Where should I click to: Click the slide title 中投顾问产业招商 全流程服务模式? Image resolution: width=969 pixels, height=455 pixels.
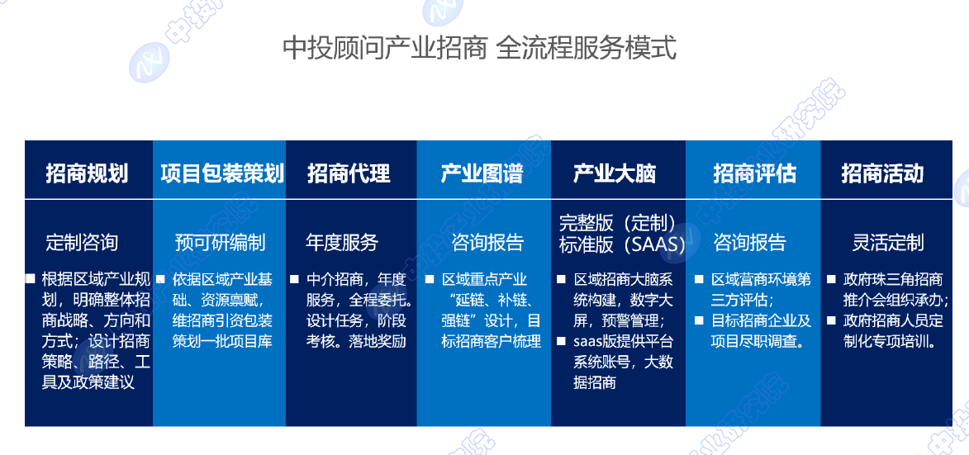(x=480, y=48)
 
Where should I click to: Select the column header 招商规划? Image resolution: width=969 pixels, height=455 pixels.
(x=87, y=173)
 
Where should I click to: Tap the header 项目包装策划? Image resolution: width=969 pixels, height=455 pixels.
(x=222, y=173)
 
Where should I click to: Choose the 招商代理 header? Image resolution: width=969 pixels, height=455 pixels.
(x=349, y=173)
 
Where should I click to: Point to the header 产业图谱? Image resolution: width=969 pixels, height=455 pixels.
(x=482, y=173)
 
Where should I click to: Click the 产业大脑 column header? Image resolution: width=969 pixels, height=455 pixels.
(x=615, y=173)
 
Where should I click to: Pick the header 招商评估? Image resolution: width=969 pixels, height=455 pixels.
(x=754, y=173)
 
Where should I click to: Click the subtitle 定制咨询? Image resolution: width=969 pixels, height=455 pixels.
(x=82, y=243)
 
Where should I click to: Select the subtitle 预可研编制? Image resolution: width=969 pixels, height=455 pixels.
(x=220, y=243)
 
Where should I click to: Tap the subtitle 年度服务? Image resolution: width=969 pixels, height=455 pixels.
(x=342, y=243)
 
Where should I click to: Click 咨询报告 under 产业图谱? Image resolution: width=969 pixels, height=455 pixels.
(x=487, y=243)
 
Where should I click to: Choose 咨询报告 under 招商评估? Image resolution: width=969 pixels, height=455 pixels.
(x=749, y=243)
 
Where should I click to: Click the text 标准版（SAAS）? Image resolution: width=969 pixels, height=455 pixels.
(x=622, y=245)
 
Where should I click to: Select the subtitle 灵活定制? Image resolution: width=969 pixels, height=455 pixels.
(x=888, y=243)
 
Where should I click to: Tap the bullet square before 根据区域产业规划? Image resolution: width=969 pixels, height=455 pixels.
(x=30, y=279)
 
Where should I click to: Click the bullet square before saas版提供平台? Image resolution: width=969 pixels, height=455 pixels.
(x=561, y=341)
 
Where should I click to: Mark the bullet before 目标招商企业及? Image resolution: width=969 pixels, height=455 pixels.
(x=699, y=320)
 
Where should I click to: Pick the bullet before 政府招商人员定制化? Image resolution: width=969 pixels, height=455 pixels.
(x=831, y=320)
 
